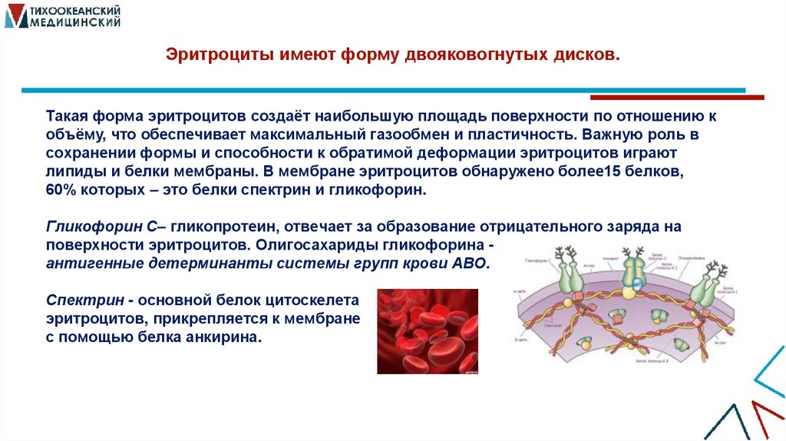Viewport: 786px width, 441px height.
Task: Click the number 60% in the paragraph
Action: [x=61, y=189]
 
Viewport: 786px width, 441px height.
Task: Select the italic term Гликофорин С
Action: [x=101, y=227]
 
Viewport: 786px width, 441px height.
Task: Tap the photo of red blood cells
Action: [x=427, y=331]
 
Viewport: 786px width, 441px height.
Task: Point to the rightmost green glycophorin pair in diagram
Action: [x=702, y=291]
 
